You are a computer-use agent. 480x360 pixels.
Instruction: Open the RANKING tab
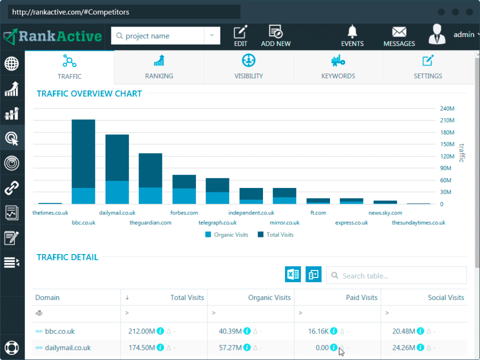tap(159, 67)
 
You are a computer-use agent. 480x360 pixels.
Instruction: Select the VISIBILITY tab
tap(248, 67)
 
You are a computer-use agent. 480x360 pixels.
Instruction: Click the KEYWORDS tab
tap(338, 67)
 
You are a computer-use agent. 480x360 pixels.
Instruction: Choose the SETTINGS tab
tap(427, 67)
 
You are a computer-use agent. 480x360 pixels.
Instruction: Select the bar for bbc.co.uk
tap(83, 160)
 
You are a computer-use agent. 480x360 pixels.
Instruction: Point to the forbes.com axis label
tap(184, 213)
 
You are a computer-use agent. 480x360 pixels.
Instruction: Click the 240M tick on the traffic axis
tap(447, 109)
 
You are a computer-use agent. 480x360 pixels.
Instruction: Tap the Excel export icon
tap(293, 274)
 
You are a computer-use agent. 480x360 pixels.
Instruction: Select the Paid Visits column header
tap(361, 297)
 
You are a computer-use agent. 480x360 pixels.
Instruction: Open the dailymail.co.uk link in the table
tap(68, 347)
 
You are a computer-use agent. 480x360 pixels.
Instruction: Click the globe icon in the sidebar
tap(12, 63)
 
